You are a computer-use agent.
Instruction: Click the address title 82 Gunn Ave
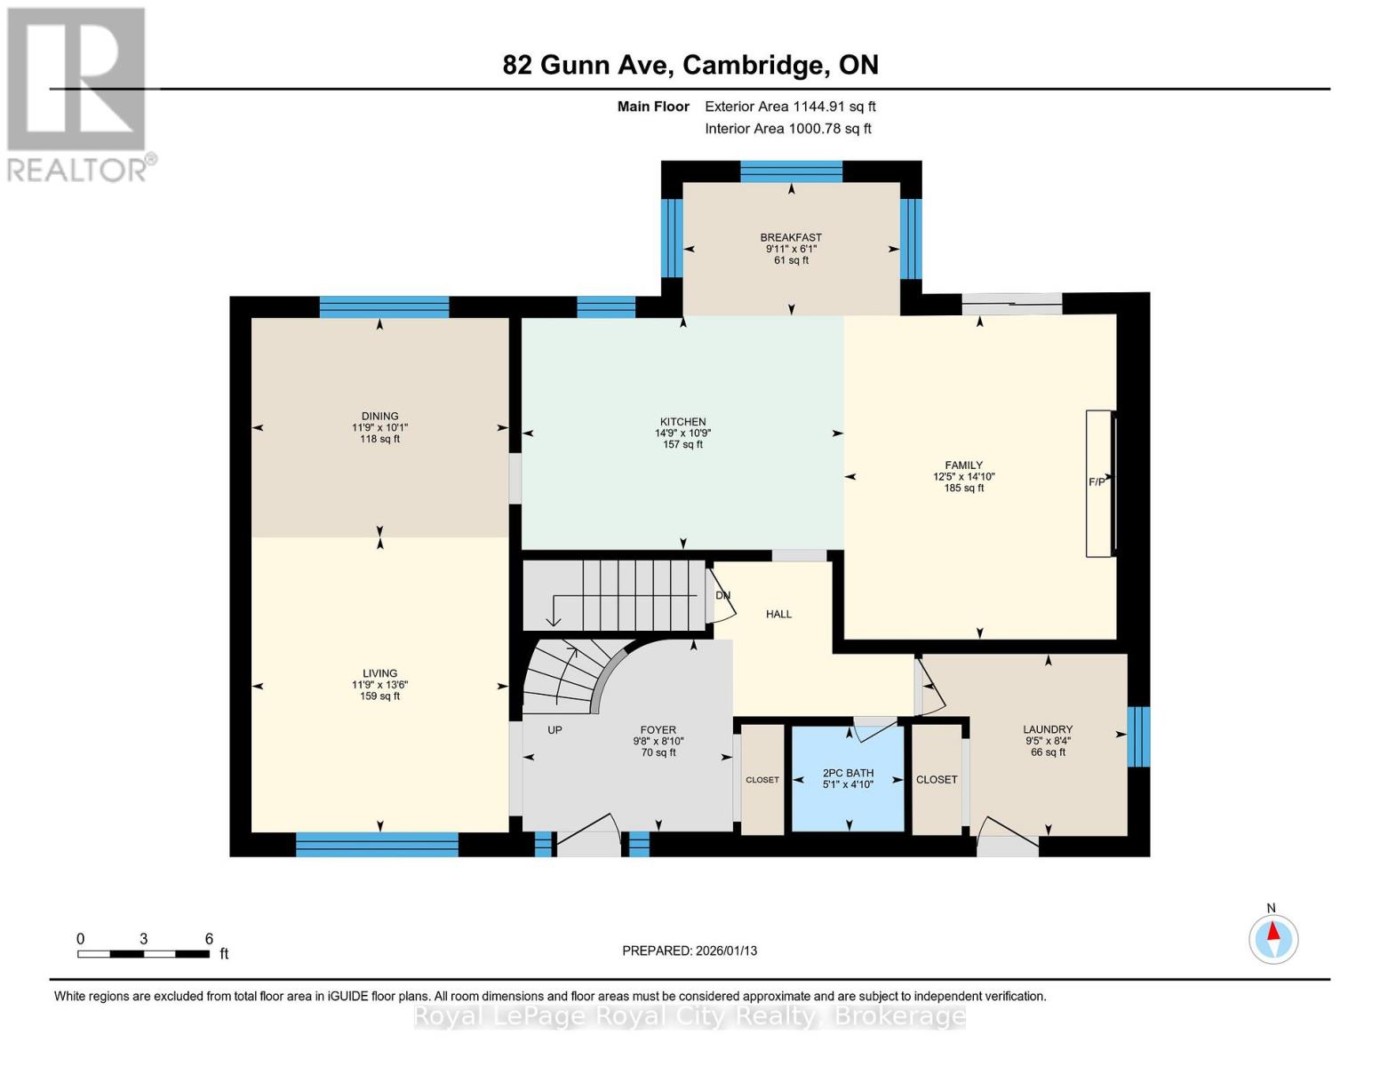[x=690, y=65]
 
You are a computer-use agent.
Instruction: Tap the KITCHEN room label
[x=682, y=423]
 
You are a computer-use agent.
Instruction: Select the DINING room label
[x=379, y=417]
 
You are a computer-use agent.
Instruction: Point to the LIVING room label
[x=379, y=673]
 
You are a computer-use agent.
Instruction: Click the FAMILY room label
[x=963, y=465]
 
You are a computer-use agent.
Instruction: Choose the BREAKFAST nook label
[x=791, y=238]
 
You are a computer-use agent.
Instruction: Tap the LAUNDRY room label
[x=1048, y=729]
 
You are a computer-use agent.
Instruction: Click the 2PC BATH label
[x=848, y=774]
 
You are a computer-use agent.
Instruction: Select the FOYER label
[x=658, y=730]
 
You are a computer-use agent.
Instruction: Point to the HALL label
[x=778, y=614]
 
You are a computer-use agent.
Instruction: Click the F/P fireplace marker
[x=1097, y=482]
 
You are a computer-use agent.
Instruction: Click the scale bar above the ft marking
[x=143, y=954]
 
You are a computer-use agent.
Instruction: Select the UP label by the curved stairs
[x=554, y=730]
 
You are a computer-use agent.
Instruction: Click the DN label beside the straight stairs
[x=722, y=595]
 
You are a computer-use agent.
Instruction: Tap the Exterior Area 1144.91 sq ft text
[x=790, y=107]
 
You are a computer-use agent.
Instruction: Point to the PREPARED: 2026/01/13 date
[x=690, y=951]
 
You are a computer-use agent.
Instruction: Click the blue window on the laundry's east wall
[x=1138, y=736]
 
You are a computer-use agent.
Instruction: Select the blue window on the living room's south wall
[x=377, y=845]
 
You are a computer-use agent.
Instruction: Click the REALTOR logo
[x=77, y=93]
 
